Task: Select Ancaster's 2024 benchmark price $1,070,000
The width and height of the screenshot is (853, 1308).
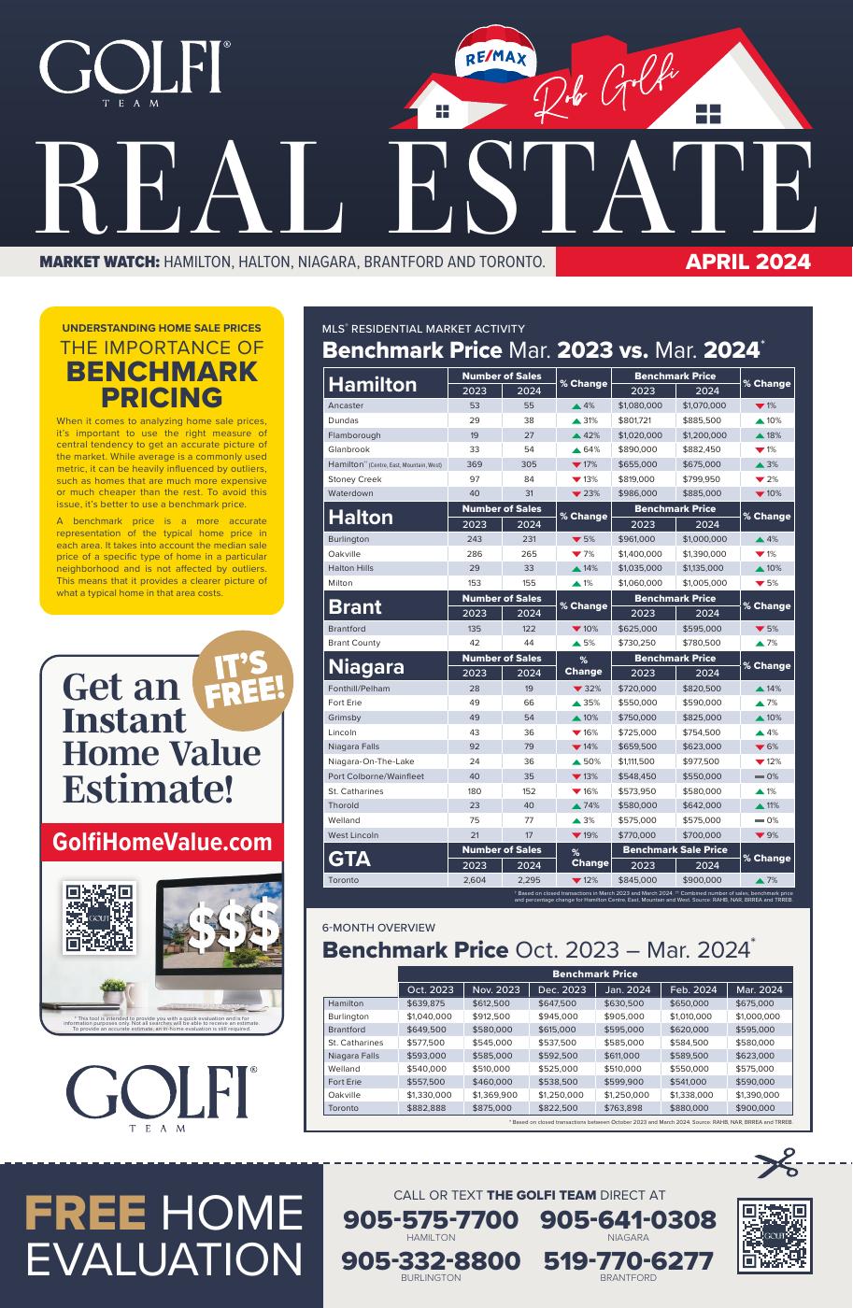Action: [706, 405]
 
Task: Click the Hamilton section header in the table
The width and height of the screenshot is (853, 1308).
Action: [373, 384]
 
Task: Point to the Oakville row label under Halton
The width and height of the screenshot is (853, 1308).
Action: [344, 554]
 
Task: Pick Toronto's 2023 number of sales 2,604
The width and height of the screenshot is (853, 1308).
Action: [474, 880]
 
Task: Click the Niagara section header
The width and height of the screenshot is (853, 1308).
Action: [366, 666]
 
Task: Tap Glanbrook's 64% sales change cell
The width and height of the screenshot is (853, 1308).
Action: [583, 449]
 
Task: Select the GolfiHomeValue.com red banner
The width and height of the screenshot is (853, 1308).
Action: [162, 842]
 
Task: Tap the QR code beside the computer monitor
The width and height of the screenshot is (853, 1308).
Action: [99, 917]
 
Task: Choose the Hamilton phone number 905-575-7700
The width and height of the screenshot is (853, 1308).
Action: [431, 1220]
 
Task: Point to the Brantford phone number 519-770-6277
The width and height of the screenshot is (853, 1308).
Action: [628, 1261]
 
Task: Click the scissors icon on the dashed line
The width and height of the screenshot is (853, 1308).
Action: [777, 1163]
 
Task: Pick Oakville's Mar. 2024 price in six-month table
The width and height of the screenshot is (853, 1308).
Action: [758, 1094]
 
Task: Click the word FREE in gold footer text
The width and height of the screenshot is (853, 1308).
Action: [85, 1214]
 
